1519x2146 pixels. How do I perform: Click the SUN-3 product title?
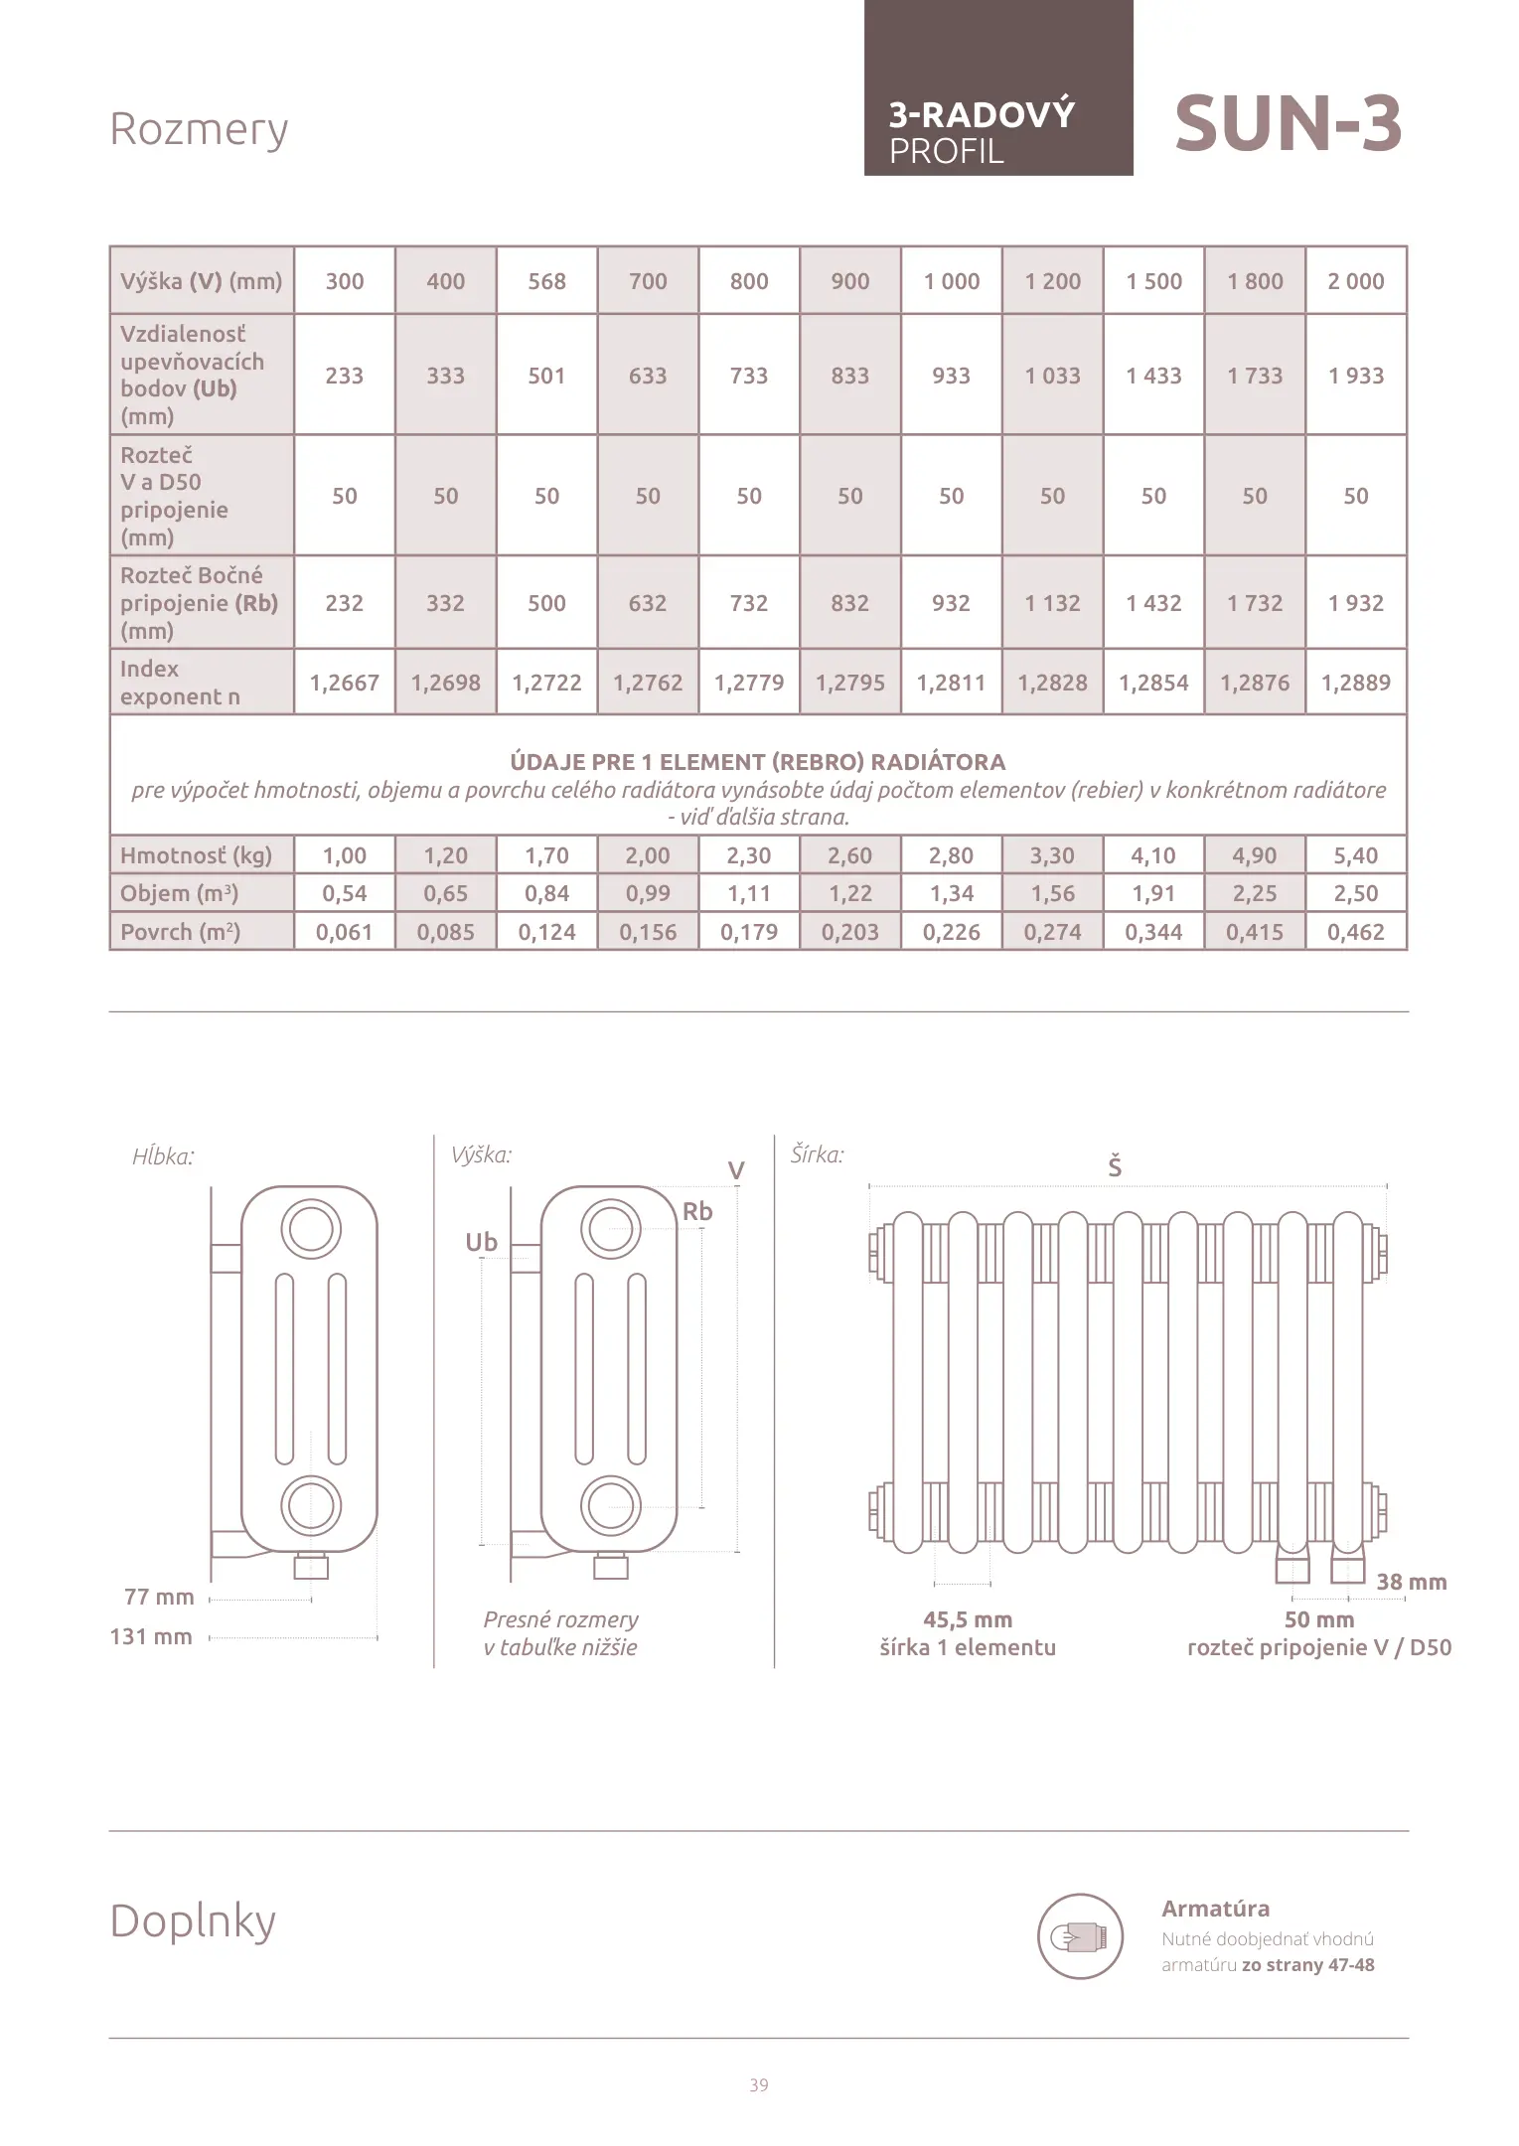(1288, 125)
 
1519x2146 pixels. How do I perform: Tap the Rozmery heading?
(199, 129)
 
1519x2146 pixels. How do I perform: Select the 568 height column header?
(546, 281)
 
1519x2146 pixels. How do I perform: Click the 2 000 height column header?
(1355, 281)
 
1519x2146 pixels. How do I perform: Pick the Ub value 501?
(546, 376)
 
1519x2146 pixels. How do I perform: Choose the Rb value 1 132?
(1052, 603)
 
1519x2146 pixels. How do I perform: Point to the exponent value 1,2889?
(1355, 683)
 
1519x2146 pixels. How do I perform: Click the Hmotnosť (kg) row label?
(196, 855)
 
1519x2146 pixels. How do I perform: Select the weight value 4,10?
(1152, 855)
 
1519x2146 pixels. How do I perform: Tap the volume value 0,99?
(648, 893)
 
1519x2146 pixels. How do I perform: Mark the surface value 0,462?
(1355, 932)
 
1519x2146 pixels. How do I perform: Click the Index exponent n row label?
(180, 683)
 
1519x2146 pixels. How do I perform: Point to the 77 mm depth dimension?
(159, 1598)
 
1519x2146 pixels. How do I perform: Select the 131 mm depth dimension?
(151, 1637)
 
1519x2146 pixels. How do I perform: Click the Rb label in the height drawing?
(697, 1212)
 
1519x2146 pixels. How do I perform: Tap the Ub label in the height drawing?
(481, 1243)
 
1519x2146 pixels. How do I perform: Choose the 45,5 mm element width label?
(968, 1620)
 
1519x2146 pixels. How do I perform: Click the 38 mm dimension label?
(1411, 1583)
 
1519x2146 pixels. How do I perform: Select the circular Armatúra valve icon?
(1080, 1936)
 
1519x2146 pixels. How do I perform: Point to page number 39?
(759, 2085)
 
